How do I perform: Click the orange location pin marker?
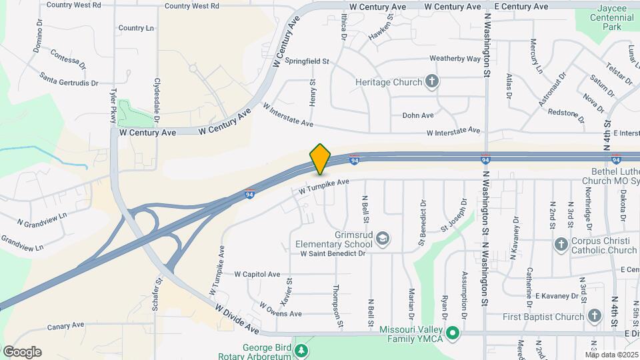pyautogui.click(x=321, y=159)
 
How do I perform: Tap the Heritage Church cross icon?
pyautogui.click(x=432, y=82)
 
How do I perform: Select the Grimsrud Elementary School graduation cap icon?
pyautogui.click(x=383, y=238)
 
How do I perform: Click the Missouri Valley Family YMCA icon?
pyautogui.click(x=454, y=332)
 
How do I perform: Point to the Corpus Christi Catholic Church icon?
pyautogui.click(x=561, y=245)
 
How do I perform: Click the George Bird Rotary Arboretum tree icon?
pyautogui.click(x=303, y=350)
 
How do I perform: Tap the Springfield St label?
pyautogui.click(x=307, y=61)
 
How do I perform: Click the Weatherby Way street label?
pyautogui.click(x=455, y=59)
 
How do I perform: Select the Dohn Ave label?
pyautogui.click(x=418, y=115)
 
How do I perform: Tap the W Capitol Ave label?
pyautogui.click(x=257, y=274)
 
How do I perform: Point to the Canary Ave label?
pyautogui.click(x=65, y=326)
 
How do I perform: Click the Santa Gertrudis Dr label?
pyautogui.click(x=68, y=79)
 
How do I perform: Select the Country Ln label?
pyautogui.click(x=136, y=28)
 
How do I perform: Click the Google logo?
pyautogui.click(x=22, y=352)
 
